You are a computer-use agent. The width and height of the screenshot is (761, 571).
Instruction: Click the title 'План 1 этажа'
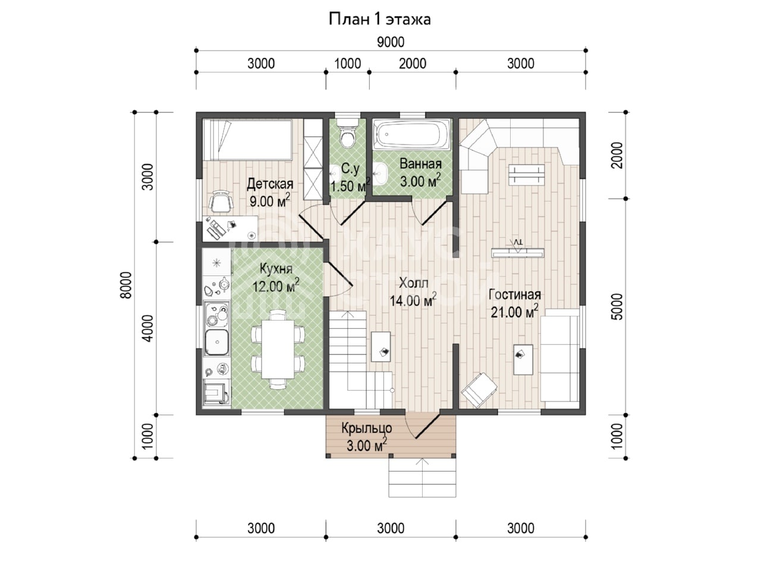[380, 19]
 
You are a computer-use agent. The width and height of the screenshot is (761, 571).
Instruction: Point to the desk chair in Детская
[221, 200]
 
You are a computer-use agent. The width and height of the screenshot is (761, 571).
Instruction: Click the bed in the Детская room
[247, 140]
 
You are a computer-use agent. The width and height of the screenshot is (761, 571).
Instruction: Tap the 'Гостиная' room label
[514, 294]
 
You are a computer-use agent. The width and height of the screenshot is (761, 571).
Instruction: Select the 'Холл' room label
[413, 283]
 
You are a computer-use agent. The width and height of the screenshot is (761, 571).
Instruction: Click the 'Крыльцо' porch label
[366, 429]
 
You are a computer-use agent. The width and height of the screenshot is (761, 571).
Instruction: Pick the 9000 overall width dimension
[391, 42]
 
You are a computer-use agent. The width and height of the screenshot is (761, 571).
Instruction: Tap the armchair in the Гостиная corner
[479, 390]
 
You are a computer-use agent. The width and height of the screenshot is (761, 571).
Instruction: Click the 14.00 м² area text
[413, 300]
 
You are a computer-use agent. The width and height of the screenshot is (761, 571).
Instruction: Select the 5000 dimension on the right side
[618, 306]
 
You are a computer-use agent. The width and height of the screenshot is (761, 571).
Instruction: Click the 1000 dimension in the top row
[347, 64]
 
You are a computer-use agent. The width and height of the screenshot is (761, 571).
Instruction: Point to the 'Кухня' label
[276, 269]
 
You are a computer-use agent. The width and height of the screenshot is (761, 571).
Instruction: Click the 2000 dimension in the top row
[413, 64]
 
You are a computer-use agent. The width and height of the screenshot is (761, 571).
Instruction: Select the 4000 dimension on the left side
[147, 328]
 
